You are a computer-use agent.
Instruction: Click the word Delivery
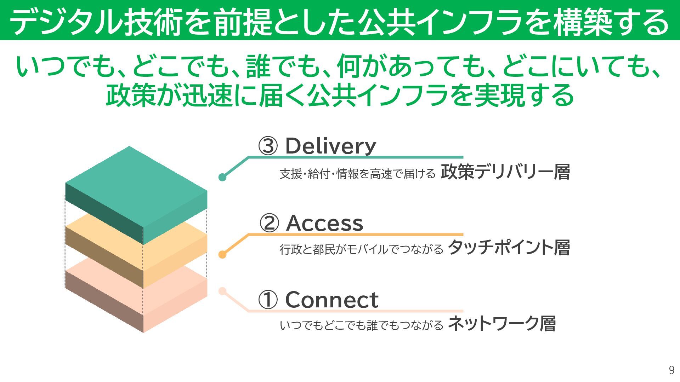pos(330,146)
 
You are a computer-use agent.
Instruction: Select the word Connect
pos(331,300)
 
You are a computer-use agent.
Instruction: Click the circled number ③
pos(268,146)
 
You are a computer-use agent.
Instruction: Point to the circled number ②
pos(269,223)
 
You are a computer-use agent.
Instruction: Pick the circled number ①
pos(268,300)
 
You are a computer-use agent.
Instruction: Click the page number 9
pos(671,370)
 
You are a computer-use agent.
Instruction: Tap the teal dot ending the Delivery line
pos(222,177)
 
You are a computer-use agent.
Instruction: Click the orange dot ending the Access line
pos(222,254)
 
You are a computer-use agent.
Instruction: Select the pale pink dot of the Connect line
pos(222,291)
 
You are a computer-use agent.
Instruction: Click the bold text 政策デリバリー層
pos(505,172)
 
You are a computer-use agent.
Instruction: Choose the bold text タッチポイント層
pos(509,248)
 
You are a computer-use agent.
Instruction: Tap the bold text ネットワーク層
pos(501,323)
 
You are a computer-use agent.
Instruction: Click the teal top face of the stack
pos(136,187)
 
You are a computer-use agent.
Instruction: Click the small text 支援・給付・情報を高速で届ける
pos(357,174)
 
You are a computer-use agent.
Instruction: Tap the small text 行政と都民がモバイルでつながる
pos(361,249)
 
